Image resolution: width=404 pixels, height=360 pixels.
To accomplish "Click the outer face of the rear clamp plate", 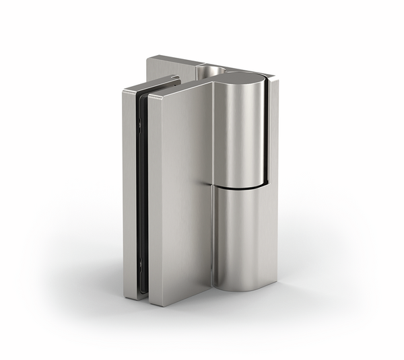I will pyautogui.click(x=129, y=195).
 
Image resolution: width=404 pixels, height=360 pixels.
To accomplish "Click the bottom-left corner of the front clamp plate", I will pyautogui.click(x=151, y=303).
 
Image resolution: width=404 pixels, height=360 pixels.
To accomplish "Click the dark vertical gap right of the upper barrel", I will pyautogui.click(x=267, y=128).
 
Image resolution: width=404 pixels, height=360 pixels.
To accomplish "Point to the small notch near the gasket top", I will pyautogui.click(x=139, y=121).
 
